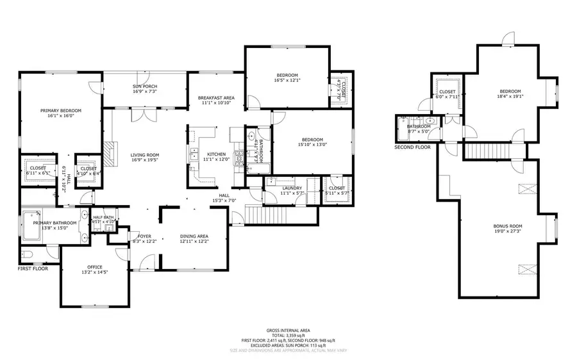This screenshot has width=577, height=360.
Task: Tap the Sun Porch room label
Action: point(145,86)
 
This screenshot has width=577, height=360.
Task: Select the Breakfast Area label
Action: point(216,97)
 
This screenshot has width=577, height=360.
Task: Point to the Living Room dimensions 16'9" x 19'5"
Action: point(145,160)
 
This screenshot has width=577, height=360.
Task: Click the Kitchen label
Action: point(216,154)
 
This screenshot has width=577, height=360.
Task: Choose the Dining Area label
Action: point(194,236)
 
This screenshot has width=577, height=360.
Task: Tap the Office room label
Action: point(95,267)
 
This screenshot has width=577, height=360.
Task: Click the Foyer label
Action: point(144,236)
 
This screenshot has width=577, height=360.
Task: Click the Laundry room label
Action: point(292,188)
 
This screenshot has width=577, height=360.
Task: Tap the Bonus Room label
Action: point(508,226)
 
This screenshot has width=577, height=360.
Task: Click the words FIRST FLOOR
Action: point(33,269)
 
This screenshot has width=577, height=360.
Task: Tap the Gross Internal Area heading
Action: point(288,331)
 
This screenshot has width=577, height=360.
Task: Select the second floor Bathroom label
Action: point(419,126)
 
